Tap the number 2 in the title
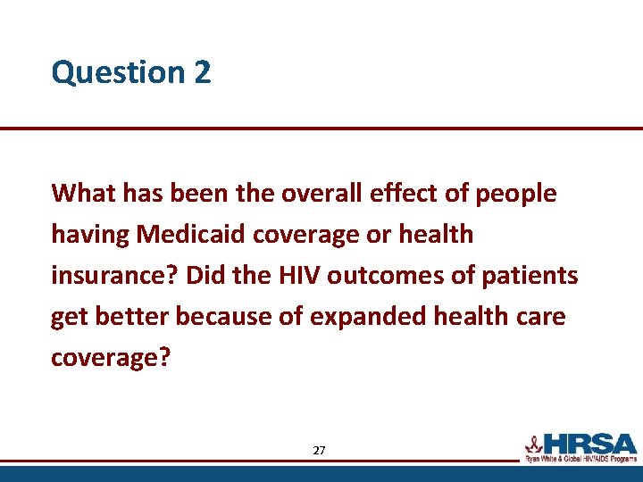[201, 72]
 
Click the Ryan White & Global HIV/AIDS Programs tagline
[580, 458]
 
